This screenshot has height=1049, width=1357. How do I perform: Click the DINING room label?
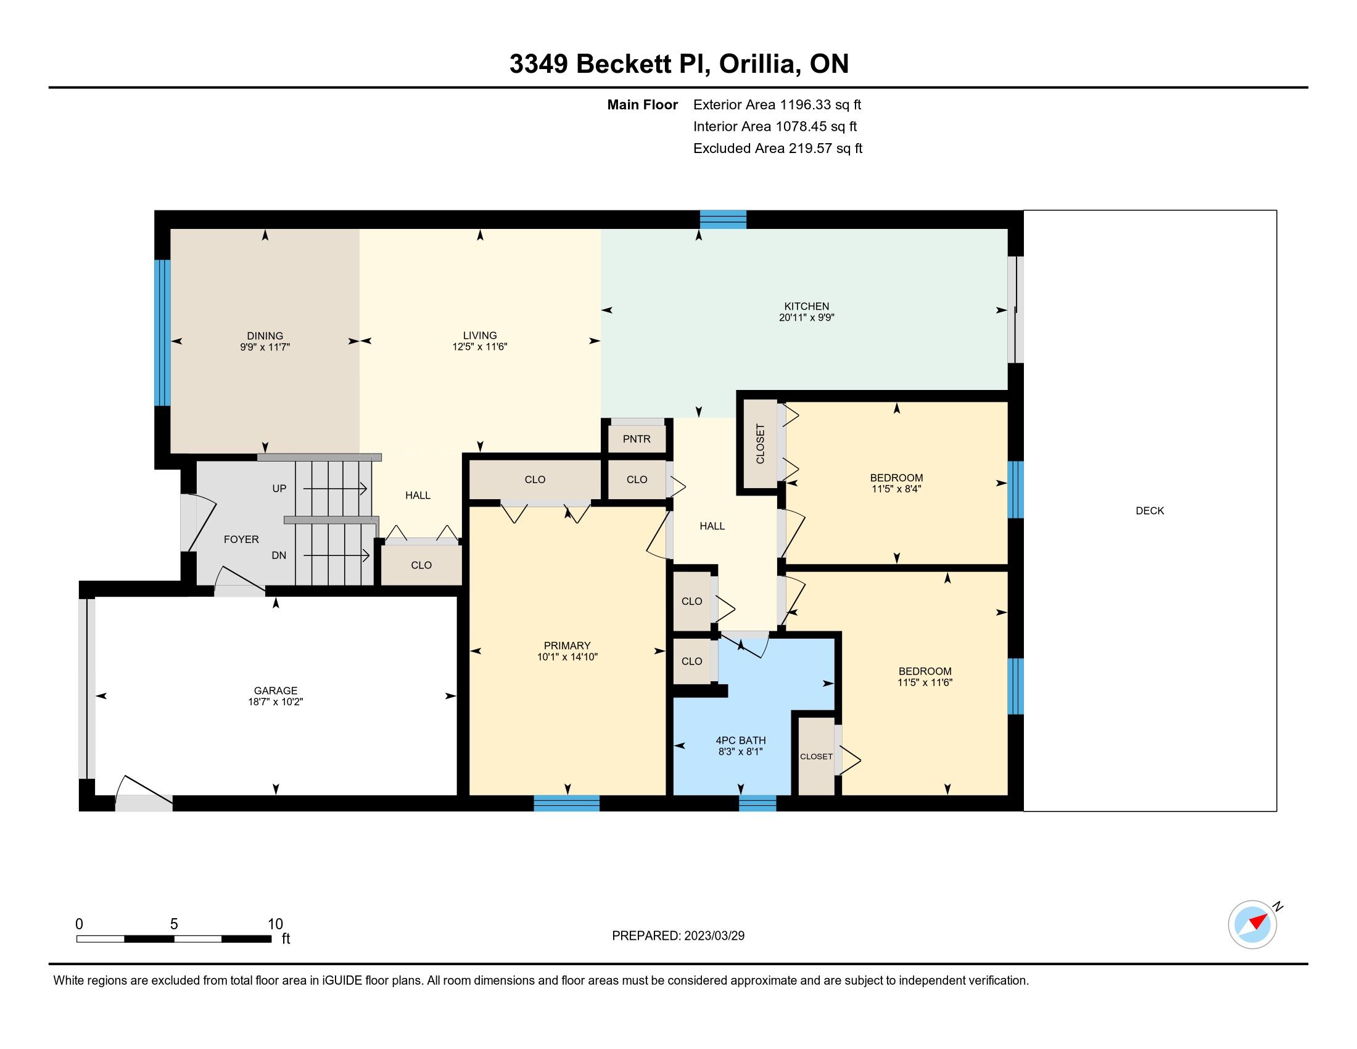tap(265, 336)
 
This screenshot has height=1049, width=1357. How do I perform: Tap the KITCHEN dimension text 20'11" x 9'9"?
tap(807, 318)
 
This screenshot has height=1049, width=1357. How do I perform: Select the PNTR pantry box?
tap(637, 439)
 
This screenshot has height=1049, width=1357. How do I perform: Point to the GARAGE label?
tap(275, 690)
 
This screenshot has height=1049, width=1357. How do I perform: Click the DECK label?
tap(1150, 510)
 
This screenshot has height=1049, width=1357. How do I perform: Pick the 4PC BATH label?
tap(741, 740)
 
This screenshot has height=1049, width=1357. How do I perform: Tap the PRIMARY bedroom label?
tap(567, 645)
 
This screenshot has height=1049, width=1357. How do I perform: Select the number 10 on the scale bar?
tap(275, 924)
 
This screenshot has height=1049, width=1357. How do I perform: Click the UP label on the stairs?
tap(279, 489)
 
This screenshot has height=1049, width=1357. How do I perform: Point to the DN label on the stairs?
tap(279, 555)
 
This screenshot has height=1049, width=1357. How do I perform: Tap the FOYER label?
tap(241, 539)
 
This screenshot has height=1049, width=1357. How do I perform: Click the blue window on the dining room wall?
tap(162, 333)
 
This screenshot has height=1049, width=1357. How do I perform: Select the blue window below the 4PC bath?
tap(757, 803)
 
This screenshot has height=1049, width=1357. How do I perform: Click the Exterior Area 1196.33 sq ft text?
tap(777, 104)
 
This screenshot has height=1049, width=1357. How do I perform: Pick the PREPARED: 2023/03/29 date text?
tap(678, 936)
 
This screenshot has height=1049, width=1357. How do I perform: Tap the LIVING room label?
tap(480, 336)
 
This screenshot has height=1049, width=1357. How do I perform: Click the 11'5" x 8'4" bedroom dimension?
tap(897, 489)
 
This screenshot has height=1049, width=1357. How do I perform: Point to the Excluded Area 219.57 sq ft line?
tap(778, 148)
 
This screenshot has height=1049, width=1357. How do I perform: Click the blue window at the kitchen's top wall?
tap(724, 220)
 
